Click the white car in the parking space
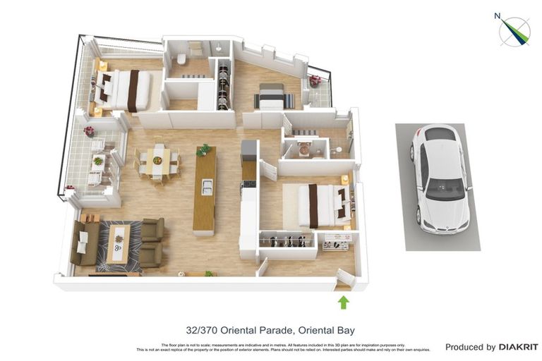click(439, 179)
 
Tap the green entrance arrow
click(343, 302)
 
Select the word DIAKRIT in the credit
click(519, 347)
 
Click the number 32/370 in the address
click(202, 329)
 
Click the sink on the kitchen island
click(206, 186)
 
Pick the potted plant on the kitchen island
click(204, 149)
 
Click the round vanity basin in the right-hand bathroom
click(305, 149)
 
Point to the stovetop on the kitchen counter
click(248, 185)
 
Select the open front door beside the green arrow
click(345, 279)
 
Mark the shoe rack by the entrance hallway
click(335, 244)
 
